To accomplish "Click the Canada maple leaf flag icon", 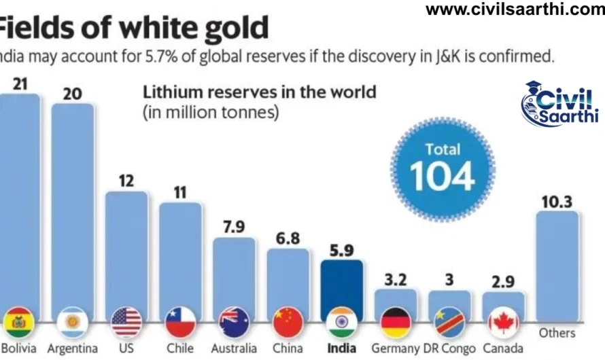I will pos(503,323).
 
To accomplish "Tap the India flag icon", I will pos(341,323).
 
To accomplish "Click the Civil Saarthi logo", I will pos(560,104).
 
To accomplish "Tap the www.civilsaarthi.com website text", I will pos(515,10).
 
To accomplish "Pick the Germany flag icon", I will pos(395,323).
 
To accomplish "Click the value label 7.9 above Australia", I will pos(233,226).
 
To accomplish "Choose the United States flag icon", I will pos(126,323).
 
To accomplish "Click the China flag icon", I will pos(288,323).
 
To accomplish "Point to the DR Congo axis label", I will pos(449,348).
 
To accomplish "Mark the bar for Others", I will pos(557,265).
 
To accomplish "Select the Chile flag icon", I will pos(179,323).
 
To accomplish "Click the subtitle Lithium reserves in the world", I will pos(258,92).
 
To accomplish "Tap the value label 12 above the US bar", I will pos(126,181).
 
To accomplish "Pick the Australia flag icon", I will pos(233,323).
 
